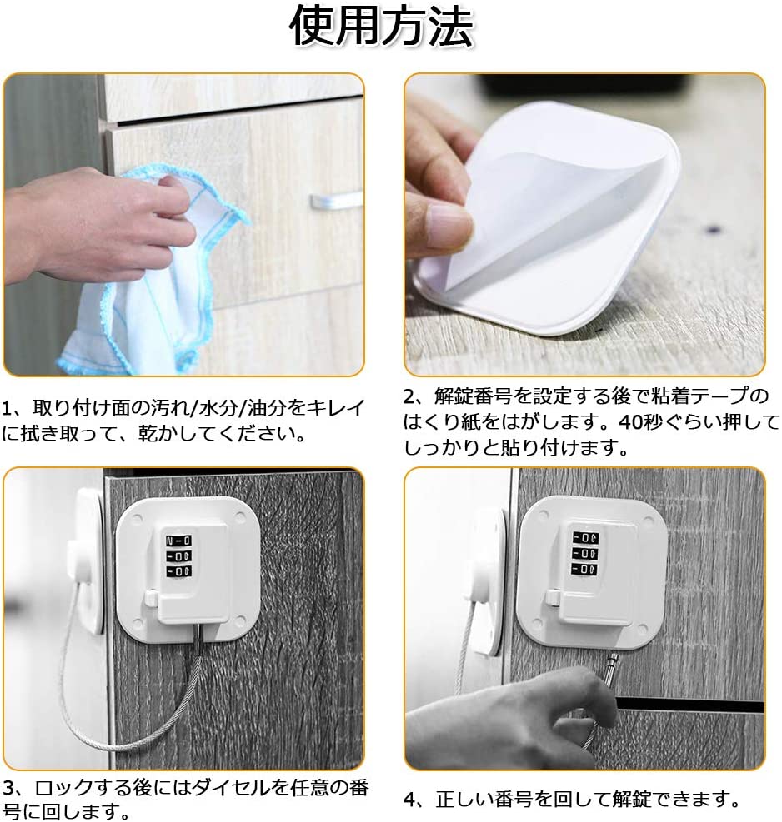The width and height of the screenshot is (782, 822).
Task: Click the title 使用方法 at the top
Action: pos(382,26)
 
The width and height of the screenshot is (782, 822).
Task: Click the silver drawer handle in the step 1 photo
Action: pos(337,200)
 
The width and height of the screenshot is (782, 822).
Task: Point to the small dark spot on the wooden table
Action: pos(713,228)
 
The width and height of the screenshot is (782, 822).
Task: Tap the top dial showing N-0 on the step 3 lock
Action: pos(178,541)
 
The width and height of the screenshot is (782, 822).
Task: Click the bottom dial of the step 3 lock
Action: pos(178,571)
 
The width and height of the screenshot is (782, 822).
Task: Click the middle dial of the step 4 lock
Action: pos(585,553)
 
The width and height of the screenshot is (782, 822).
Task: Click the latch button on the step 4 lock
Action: pos(552,596)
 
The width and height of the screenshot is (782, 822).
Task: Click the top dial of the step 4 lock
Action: pos(585,538)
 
